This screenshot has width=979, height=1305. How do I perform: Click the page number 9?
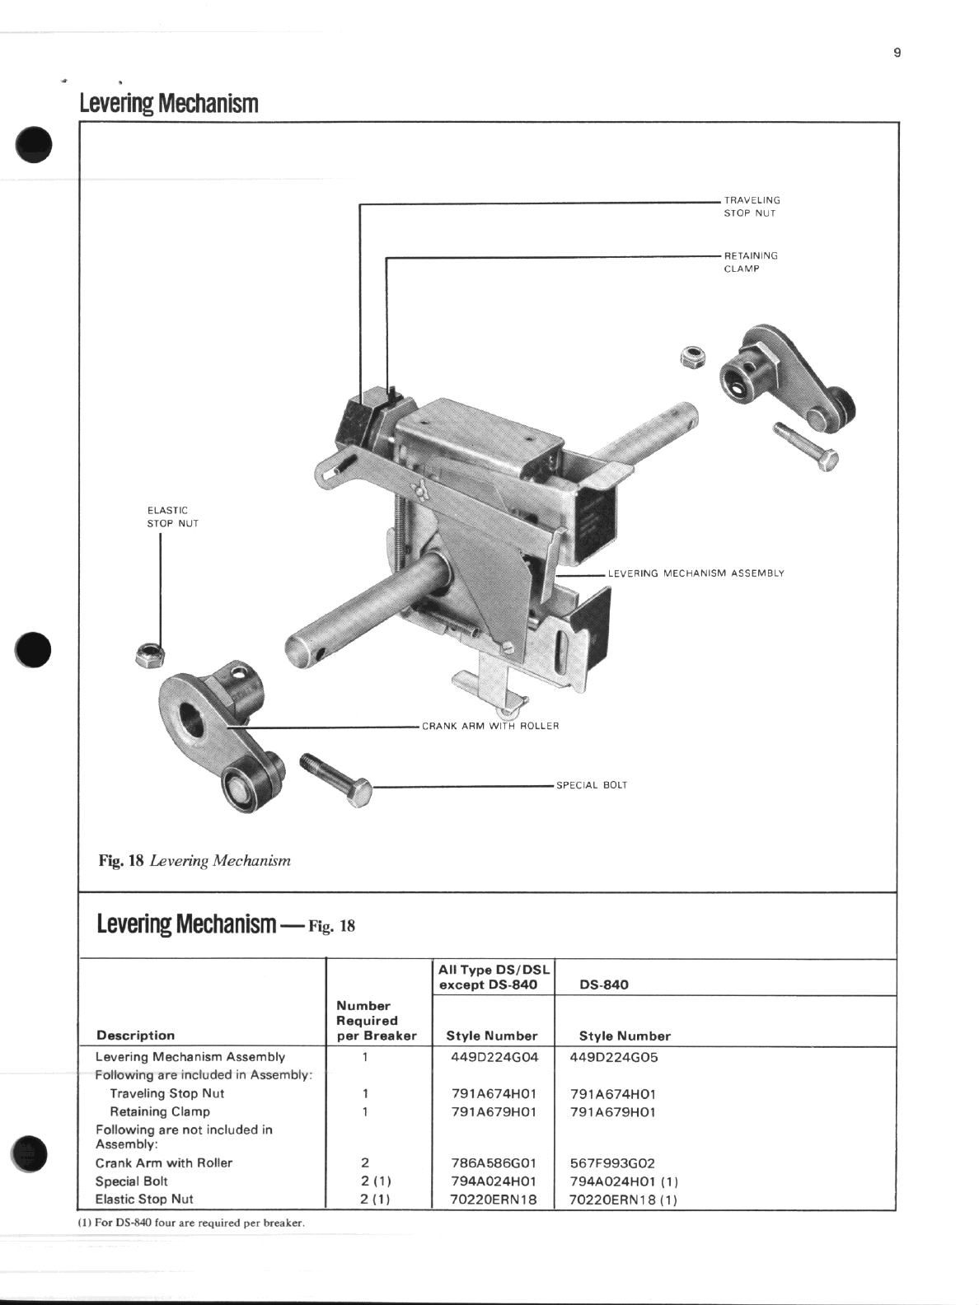pos(897,54)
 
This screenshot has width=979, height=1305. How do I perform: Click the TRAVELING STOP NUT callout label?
pos(751,207)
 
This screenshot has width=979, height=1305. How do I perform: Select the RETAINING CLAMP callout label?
pos(750,262)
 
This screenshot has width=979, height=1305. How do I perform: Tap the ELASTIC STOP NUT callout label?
pos(172,517)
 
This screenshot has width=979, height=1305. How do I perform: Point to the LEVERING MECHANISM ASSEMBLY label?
pos(696,573)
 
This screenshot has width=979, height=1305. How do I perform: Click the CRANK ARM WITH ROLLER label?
pos(490,726)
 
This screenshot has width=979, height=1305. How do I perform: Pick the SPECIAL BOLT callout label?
pos(592,785)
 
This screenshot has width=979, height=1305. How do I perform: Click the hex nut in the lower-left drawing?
pos(150,654)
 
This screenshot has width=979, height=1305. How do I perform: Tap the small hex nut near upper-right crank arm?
pos(692,357)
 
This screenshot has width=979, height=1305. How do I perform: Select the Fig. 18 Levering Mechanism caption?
pos(194,861)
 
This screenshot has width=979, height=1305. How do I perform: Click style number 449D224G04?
pos(494,1057)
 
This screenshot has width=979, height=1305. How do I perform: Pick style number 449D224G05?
pos(614,1057)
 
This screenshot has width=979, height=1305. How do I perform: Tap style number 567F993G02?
pos(612,1163)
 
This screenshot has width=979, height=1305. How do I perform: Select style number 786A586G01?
pos(494,1163)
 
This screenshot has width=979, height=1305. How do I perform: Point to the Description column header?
pos(136,1036)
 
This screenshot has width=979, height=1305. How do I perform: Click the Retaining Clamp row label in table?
pos(160,1111)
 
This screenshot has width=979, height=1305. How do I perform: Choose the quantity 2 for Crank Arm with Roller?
pos(364,1163)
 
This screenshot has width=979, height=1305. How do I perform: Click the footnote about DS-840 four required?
pos(192,1223)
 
